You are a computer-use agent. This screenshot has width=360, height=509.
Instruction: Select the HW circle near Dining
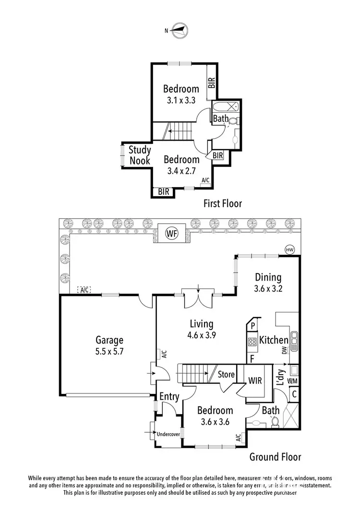pyautogui.click(x=289, y=249)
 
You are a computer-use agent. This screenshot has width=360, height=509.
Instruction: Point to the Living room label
pyautogui.click(x=201, y=324)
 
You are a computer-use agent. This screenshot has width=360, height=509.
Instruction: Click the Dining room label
pyautogui.click(x=268, y=277)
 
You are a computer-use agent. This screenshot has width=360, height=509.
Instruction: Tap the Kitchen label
pyautogui.click(x=273, y=340)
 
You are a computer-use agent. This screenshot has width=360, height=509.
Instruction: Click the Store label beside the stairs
pyautogui.click(x=226, y=374)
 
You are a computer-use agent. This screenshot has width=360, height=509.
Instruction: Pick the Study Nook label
pyautogui.click(x=140, y=155)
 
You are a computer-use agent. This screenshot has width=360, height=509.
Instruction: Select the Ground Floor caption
pyautogui.click(x=275, y=457)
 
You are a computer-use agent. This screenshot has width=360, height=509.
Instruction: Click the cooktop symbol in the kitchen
pyautogui.click(x=252, y=342)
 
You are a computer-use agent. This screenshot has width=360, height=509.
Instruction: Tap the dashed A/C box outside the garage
pyautogui.click(x=84, y=290)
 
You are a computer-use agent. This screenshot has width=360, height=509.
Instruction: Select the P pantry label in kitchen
pyautogui.click(x=252, y=326)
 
